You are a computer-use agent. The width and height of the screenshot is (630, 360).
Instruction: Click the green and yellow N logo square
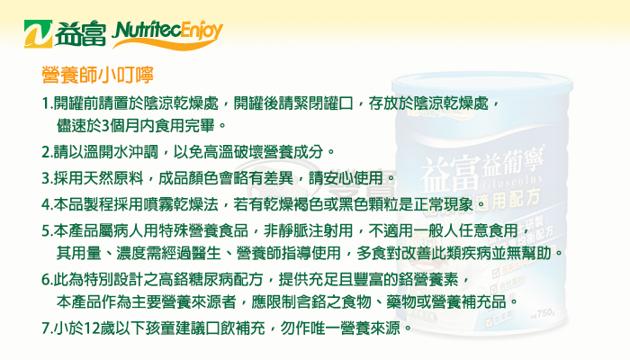[x=38, y=34]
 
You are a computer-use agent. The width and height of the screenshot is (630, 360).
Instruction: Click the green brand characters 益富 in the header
[x=80, y=34]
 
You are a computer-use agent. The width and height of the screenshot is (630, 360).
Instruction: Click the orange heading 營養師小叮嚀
[x=97, y=75]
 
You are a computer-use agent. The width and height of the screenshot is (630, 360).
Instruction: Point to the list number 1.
[x=46, y=103]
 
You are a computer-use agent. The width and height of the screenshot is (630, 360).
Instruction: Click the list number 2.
[x=46, y=152]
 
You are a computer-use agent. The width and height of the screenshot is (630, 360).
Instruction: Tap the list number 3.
[x=46, y=178]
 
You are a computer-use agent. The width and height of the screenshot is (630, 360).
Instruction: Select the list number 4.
[x=46, y=204]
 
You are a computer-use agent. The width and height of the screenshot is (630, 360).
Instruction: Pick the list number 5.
[x=46, y=231]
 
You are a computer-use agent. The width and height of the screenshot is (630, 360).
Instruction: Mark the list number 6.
[x=46, y=280]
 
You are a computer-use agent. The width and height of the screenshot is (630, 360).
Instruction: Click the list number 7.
[x=46, y=328]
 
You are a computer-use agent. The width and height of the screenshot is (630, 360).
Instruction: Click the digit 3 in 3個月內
[x=105, y=126]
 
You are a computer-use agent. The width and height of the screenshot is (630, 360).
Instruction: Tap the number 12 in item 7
[x=93, y=328]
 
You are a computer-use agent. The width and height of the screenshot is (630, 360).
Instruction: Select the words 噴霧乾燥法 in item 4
[x=181, y=204]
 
